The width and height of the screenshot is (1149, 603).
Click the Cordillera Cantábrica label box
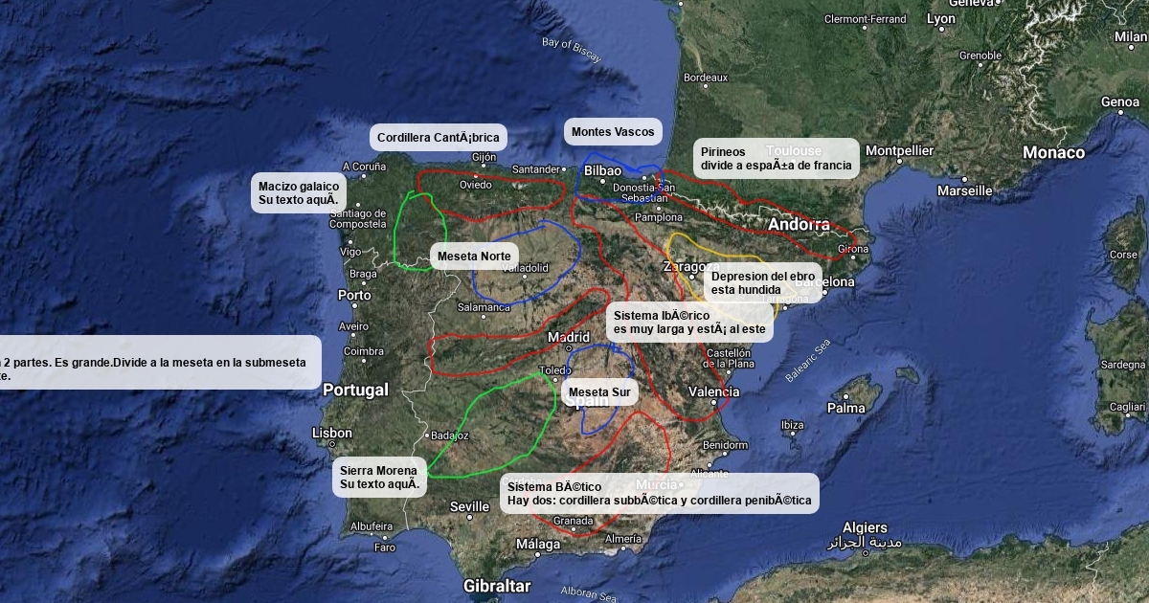click(x=438, y=138)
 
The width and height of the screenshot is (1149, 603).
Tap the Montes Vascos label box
click(x=613, y=132)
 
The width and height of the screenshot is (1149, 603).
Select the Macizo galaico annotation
click(x=299, y=192)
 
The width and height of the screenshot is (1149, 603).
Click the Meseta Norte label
click(x=474, y=257)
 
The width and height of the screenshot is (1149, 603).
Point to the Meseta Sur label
click(x=599, y=392)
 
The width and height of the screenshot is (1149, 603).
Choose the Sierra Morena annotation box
click(x=380, y=477)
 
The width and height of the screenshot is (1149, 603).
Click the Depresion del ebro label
click(x=763, y=282)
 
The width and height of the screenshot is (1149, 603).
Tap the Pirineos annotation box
click(x=776, y=158)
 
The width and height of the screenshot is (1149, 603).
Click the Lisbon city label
click(x=332, y=433)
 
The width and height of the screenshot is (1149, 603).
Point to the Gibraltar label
click(x=496, y=585)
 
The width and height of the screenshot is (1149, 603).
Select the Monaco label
click(x=1053, y=152)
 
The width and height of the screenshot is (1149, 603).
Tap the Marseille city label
click(x=964, y=190)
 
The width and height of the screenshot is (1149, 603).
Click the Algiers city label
click(x=865, y=527)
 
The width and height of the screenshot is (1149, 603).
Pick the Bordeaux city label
click(x=706, y=78)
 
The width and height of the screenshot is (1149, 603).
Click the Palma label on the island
click(x=846, y=408)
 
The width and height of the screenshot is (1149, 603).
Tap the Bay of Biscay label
click(x=572, y=49)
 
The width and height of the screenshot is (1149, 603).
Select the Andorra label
click(x=799, y=225)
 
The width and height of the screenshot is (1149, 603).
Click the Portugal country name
click(x=355, y=390)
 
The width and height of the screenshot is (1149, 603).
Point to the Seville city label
click(x=469, y=506)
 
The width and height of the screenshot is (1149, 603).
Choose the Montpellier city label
click(x=899, y=150)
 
